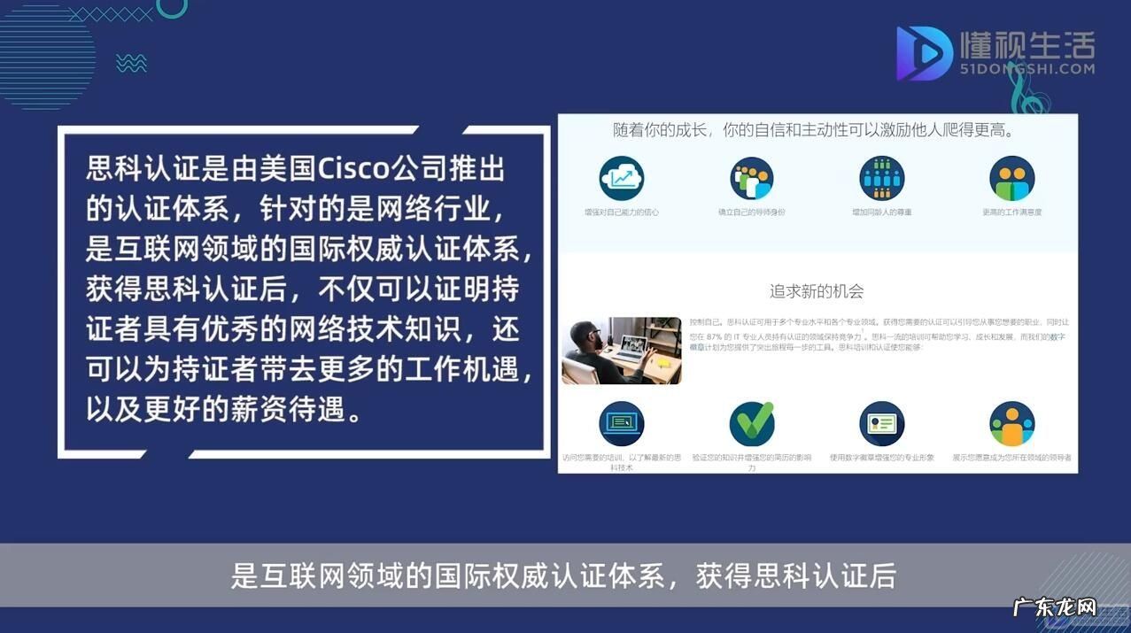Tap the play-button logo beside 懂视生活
click(x=924, y=53)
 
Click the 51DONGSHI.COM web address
click(x=1027, y=69)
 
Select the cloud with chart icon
click(x=621, y=178)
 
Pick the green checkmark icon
click(x=751, y=423)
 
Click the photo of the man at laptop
click(x=621, y=351)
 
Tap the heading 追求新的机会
click(x=817, y=291)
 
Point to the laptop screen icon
click(x=621, y=424)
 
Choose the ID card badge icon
click(x=881, y=424)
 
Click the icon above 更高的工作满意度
click(x=1011, y=178)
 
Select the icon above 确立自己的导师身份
click(x=751, y=178)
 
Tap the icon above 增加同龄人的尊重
click(x=881, y=178)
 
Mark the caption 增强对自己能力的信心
click(x=621, y=212)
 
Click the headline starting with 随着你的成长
click(x=812, y=130)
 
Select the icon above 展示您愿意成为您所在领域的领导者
click(x=1011, y=424)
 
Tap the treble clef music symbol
click(x=1028, y=94)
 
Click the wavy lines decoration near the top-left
click(x=131, y=63)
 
